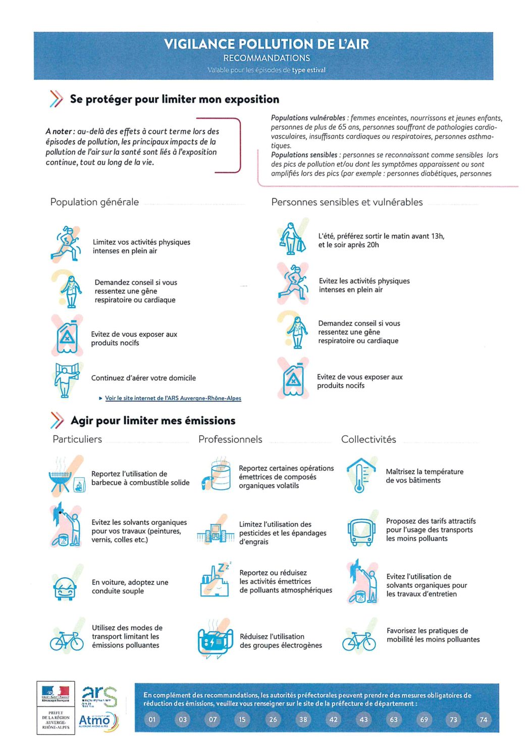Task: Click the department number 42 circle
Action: tap(333, 719)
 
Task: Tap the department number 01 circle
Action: tap(152, 719)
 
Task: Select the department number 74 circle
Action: tap(484, 719)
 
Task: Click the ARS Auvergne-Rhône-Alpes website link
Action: tap(173, 398)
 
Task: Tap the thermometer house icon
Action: tap(360, 475)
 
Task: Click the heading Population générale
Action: tap(94, 202)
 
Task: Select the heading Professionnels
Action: tap(230, 439)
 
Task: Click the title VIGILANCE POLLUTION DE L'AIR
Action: tap(266, 44)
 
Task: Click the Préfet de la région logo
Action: tap(56, 707)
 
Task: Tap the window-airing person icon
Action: tap(66, 379)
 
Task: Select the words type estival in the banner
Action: tap(308, 70)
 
